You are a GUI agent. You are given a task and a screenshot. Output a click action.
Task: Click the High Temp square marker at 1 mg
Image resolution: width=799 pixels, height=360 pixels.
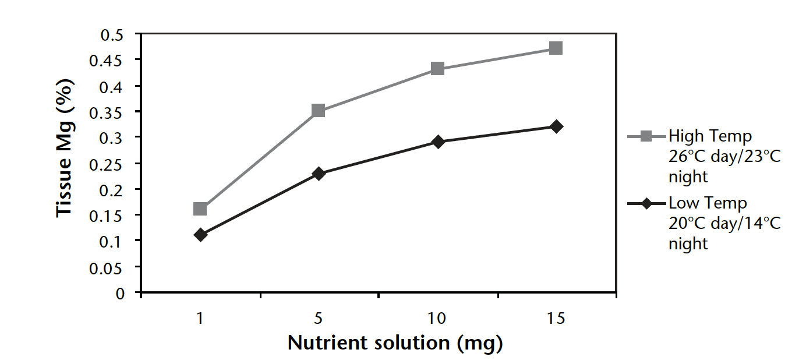point(200,209)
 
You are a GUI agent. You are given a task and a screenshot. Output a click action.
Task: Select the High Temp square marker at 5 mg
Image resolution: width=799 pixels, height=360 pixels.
point(319,111)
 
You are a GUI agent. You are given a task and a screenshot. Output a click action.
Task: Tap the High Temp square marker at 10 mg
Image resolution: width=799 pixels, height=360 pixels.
point(438,69)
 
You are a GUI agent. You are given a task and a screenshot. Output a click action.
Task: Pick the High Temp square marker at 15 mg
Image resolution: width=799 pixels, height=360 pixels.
point(556,48)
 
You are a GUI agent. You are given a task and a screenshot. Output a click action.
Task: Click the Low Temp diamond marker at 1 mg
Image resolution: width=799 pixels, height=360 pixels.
point(200,235)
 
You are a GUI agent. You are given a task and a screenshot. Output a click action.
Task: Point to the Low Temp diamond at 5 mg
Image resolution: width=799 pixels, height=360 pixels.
point(319,174)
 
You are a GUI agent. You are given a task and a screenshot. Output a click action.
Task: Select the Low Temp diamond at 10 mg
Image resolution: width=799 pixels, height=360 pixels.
point(438,142)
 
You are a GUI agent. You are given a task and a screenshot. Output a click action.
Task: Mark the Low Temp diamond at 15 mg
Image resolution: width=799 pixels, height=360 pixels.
point(556,126)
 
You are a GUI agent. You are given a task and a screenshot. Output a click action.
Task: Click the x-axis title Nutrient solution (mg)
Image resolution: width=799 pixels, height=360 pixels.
point(395,343)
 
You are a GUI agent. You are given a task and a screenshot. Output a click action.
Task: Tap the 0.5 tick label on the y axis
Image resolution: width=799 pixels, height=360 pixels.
point(113,34)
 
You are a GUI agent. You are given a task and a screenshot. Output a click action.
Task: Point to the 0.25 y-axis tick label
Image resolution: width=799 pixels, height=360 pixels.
point(109,164)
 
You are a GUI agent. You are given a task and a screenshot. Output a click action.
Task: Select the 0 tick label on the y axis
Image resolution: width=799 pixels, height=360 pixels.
point(120,292)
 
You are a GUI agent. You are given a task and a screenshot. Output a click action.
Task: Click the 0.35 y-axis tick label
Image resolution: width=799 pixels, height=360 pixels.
point(109,112)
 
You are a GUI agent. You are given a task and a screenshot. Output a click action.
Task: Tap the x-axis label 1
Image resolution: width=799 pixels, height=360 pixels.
point(200,318)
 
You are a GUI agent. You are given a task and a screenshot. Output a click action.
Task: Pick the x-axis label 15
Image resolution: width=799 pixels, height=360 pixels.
point(556,318)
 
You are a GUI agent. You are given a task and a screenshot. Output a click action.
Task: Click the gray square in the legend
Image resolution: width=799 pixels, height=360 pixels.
point(646,136)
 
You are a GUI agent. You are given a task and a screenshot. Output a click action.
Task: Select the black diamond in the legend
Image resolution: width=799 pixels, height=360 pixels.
point(646,203)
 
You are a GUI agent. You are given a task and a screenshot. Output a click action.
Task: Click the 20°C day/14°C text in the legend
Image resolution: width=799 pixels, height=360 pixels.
point(724,223)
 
